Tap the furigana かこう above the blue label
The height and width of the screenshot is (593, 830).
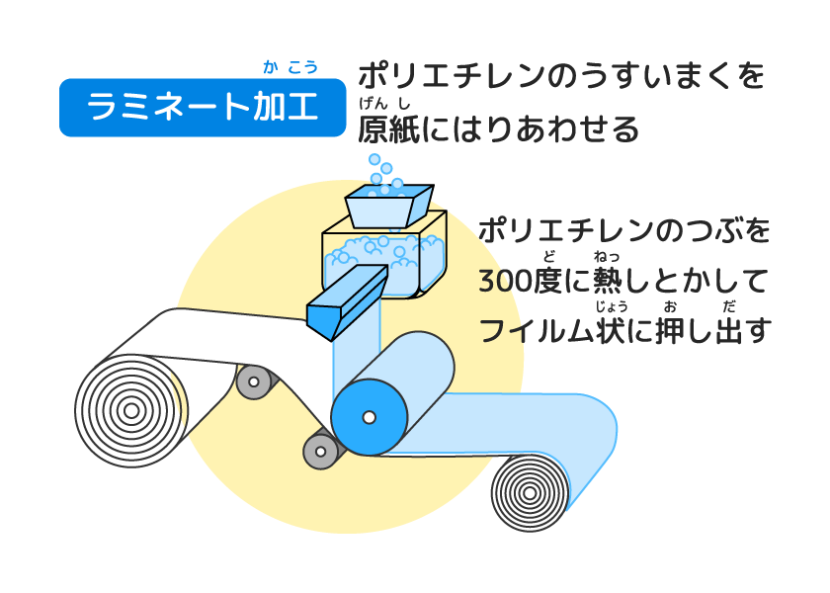[290, 67]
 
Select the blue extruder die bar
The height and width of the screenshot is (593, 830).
[346, 301]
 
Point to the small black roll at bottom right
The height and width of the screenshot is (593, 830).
[530, 491]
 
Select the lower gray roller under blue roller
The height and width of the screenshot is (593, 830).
[321, 451]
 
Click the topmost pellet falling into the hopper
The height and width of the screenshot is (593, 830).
[374, 159]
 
